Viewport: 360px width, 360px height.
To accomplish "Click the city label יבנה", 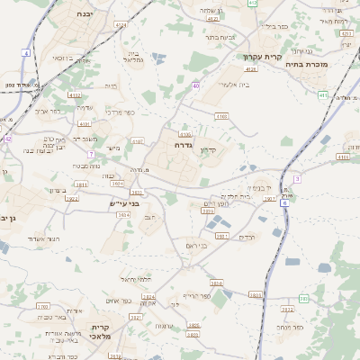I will tap(84, 14).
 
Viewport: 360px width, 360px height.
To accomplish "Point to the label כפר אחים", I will tap(119, 300).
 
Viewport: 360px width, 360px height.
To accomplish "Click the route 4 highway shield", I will tap(26, 54).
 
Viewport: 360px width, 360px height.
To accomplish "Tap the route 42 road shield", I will tap(7, 139).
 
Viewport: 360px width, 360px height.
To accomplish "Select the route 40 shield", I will tap(195, 86).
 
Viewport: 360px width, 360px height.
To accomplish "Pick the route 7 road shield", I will tap(91, 154).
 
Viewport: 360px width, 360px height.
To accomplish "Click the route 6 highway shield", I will tap(285, 202).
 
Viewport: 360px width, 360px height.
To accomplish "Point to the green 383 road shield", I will tap(303, 298).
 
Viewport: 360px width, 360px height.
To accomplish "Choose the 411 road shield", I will tap(322, 94).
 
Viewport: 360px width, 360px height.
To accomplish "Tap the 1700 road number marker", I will tap(42, 307).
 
